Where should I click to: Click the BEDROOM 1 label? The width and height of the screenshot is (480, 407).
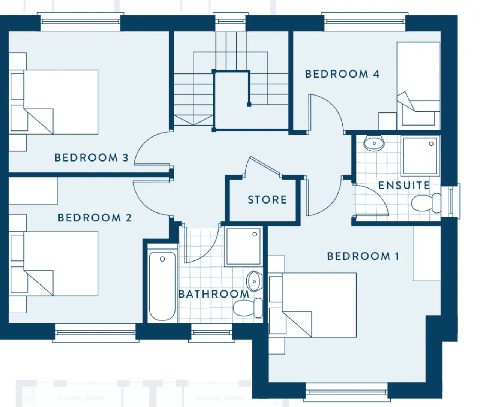pos(363,256)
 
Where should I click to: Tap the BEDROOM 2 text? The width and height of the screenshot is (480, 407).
pos(94,218)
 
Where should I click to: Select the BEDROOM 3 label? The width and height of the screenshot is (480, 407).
pos(91,157)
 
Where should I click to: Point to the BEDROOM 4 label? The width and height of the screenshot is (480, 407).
pos(342,74)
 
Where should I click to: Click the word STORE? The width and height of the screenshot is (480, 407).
pos(267,200)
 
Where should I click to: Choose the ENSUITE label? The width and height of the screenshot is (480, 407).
pos(404,185)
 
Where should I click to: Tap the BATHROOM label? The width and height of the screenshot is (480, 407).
pos(214,294)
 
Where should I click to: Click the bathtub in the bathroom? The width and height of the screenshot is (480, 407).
pos(162,286)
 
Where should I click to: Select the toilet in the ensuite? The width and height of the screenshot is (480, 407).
pos(426,203)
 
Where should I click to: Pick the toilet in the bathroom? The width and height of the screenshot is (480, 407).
pos(248,308)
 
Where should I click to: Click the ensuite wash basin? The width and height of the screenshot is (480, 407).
pos(374,143)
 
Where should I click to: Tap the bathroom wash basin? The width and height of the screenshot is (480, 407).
pos(254,281)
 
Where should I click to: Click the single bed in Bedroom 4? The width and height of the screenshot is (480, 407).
pos(418,84)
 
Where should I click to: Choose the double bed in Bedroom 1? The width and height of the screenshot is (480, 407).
pos(319,305)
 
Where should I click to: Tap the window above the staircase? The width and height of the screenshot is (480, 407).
pos(230,21)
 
